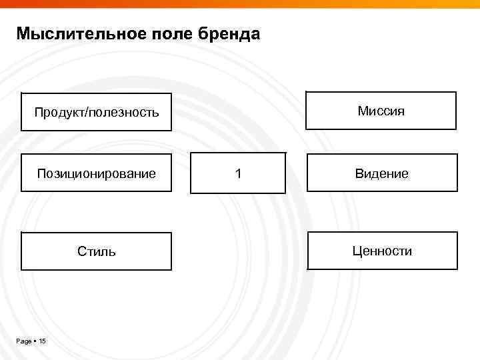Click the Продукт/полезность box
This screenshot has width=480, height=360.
(96, 111)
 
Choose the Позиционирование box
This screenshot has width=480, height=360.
(96, 173)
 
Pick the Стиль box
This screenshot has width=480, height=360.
(96, 251)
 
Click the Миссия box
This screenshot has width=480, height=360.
(381, 110)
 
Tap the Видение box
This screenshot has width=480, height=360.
(382, 173)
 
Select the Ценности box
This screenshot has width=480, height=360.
(383, 251)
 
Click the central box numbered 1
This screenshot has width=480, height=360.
(238, 173)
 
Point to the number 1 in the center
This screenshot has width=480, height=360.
(238, 174)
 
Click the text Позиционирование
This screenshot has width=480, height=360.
(96, 174)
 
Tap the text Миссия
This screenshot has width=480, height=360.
(381, 111)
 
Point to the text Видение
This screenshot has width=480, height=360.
(382, 174)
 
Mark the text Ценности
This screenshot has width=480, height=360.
(383, 251)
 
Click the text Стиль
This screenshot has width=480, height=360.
(96, 252)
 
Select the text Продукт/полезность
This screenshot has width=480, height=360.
(97, 112)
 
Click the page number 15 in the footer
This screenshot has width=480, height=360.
(42, 341)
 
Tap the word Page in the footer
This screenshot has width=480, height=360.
(24, 341)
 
